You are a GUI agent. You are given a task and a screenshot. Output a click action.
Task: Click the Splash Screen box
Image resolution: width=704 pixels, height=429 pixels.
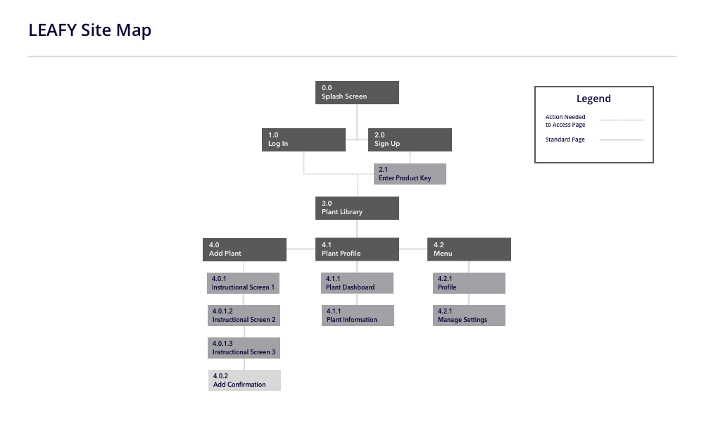point(357,92)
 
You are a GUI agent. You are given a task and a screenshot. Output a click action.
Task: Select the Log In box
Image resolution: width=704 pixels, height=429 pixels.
point(303,139)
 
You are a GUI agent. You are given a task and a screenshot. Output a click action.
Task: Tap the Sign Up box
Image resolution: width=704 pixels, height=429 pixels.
point(410,139)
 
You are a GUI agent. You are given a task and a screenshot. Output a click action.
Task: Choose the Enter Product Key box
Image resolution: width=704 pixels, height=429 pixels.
point(410,174)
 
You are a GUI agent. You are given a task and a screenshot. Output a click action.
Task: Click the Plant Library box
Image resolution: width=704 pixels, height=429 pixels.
point(357,208)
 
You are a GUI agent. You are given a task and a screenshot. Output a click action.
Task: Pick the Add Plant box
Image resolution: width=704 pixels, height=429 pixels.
point(244,249)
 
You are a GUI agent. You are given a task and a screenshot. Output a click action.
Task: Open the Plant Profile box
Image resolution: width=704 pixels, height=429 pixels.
point(357,249)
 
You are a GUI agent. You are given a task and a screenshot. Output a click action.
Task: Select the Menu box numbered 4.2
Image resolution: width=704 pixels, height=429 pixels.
point(469,249)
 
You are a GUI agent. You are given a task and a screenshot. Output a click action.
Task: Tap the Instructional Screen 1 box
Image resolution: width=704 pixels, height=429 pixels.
point(244,283)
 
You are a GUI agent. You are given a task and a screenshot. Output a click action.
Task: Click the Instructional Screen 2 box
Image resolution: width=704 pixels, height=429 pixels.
point(244,316)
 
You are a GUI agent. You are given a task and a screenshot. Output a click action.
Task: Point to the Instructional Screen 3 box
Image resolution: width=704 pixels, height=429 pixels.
point(244,348)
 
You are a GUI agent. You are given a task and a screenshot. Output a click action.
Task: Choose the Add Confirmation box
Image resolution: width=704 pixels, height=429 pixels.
point(244,380)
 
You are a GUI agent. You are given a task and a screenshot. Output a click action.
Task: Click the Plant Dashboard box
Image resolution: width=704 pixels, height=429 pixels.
point(357,283)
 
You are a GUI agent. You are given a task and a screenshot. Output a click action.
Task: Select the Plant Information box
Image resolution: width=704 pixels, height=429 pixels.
point(357,316)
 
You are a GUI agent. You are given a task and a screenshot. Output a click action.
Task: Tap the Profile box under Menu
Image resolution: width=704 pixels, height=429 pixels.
point(469,283)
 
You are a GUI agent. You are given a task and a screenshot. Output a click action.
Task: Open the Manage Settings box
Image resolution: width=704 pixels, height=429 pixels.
point(469,316)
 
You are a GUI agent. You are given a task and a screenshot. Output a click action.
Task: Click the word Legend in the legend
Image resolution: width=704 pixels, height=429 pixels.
point(593,99)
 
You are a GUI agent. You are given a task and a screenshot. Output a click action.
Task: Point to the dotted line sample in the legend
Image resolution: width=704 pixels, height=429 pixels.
point(622,120)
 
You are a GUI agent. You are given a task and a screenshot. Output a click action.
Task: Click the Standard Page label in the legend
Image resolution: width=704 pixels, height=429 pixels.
point(565,139)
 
